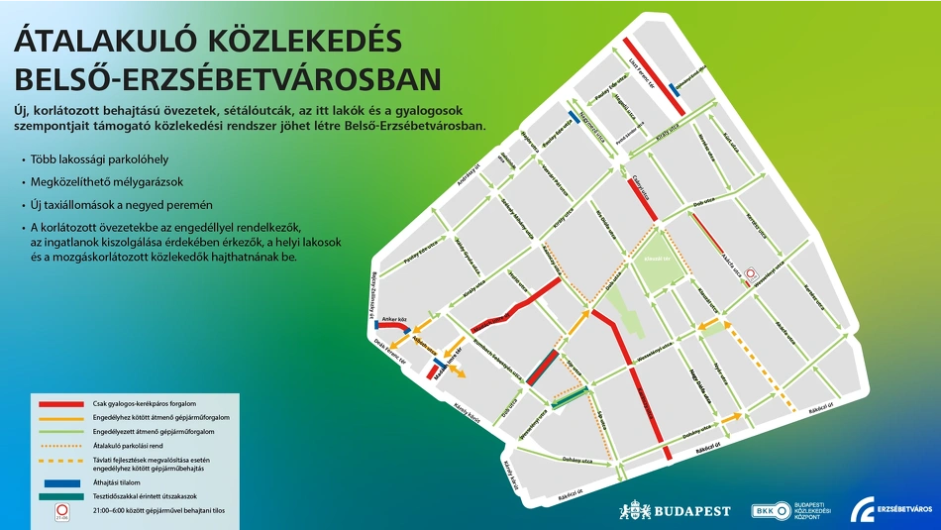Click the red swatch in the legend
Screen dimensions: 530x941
coord(60,404)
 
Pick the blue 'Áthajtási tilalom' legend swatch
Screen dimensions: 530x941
coord(60,482)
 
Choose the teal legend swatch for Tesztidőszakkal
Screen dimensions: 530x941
coord(60,496)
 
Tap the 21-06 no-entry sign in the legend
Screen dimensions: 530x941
coord(62,512)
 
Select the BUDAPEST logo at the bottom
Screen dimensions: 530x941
coord(676,511)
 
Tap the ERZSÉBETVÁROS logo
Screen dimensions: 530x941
coord(893,509)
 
